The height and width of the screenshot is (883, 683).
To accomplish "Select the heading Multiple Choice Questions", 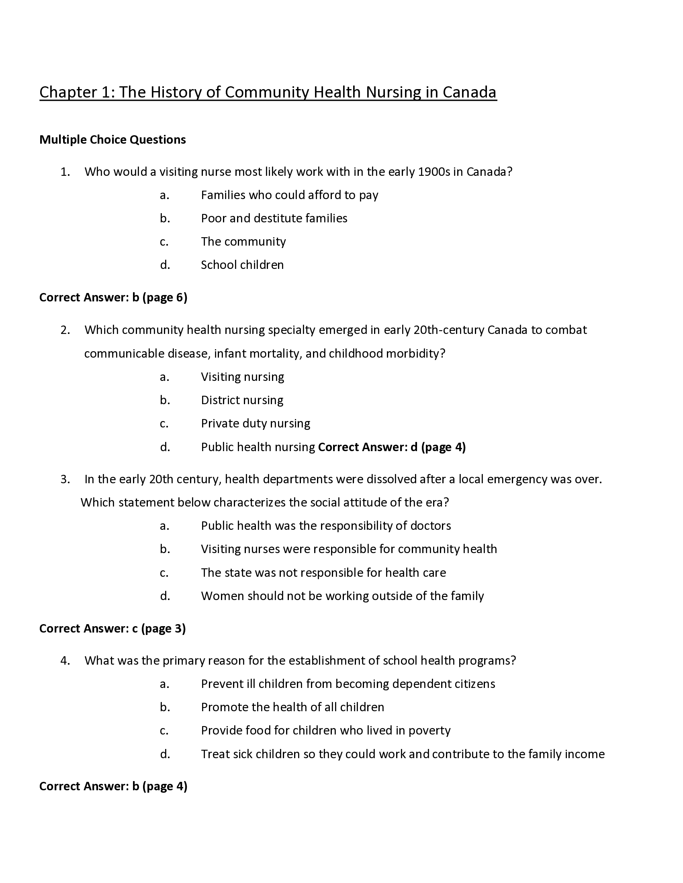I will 112,140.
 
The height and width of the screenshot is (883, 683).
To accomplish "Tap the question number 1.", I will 65,172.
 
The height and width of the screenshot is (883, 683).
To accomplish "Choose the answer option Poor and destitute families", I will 274,218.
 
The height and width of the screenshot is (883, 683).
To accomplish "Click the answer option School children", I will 242,265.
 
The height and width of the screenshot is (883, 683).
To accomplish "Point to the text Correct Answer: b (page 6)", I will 113,297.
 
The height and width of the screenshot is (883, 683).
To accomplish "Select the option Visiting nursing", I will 242,377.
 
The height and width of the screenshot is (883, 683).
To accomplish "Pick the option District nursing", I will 242,400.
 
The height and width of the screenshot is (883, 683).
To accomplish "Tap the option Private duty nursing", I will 255,423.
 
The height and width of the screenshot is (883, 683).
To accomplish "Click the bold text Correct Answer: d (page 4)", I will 392,447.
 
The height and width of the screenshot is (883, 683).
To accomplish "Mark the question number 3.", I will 65,480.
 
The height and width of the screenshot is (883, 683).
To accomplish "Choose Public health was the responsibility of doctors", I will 326,526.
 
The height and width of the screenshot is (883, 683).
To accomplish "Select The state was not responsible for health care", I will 323,572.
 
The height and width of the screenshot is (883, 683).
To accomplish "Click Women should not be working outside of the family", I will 342,596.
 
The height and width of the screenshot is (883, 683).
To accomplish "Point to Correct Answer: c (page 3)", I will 112,629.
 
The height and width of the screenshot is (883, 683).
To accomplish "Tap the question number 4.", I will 65,661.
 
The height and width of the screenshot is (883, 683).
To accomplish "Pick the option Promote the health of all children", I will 292,707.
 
